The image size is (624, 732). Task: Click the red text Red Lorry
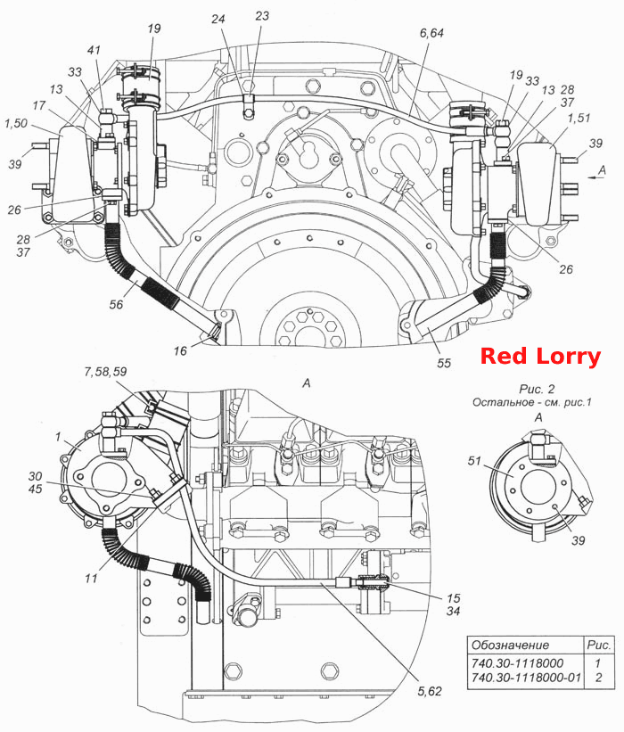540,357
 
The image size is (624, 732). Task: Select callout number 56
116,304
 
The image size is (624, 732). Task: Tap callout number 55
444,363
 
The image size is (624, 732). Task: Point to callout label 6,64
431,33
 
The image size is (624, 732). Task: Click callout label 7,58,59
105,372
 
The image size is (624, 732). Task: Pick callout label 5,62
430,691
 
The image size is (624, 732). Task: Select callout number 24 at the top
218,19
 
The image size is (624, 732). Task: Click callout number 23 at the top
262,16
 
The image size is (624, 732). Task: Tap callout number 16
180,350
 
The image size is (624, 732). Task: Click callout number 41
94,50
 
